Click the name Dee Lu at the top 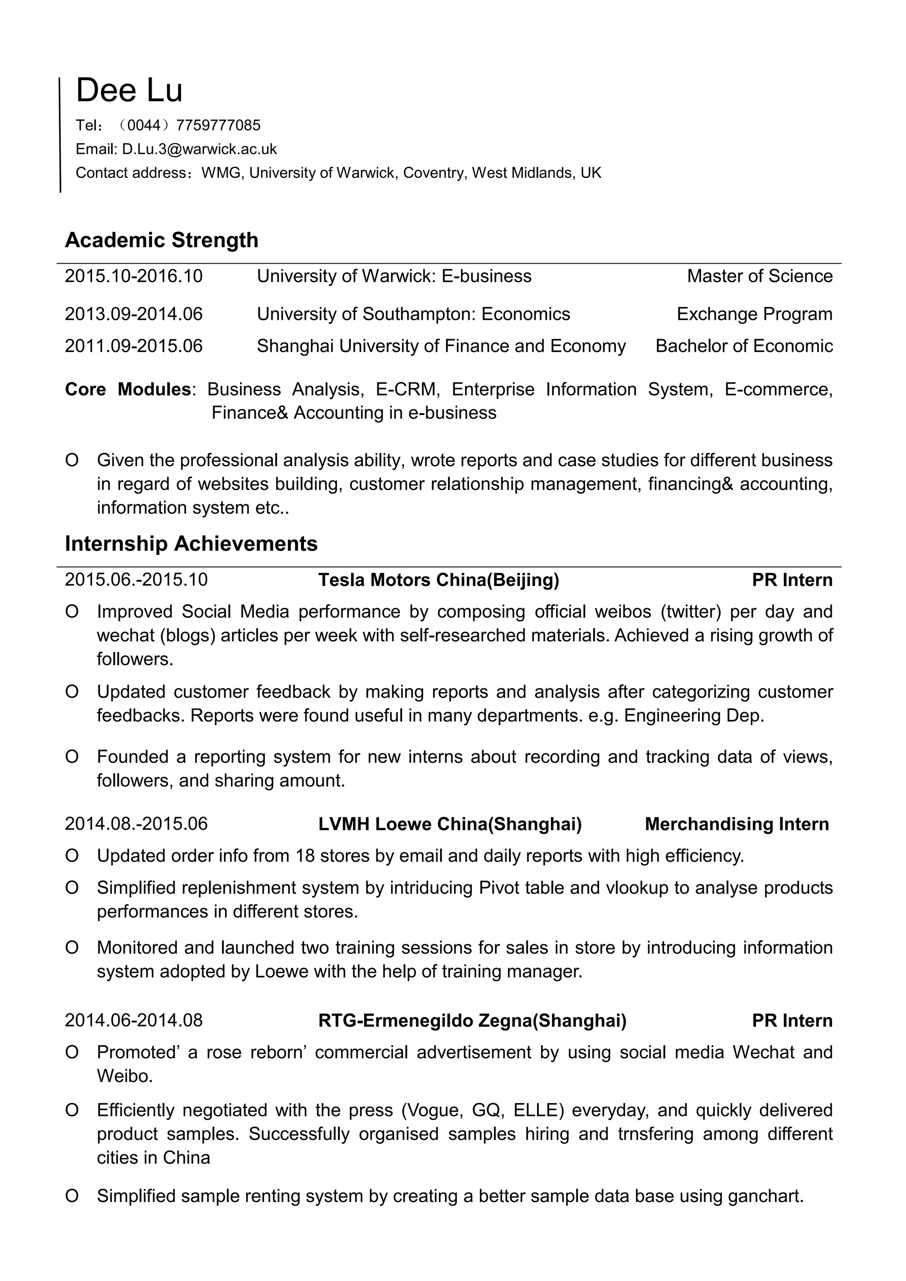point(129,90)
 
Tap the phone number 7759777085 point(218,126)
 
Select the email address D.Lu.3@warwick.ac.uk point(199,150)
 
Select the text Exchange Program point(754,314)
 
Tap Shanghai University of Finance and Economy point(441,346)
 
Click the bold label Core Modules point(128,389)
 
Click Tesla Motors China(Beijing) point(438,580)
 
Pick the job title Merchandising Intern point(737,824)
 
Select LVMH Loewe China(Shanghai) point(449,824)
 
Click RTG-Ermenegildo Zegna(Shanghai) point(472,1020)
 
